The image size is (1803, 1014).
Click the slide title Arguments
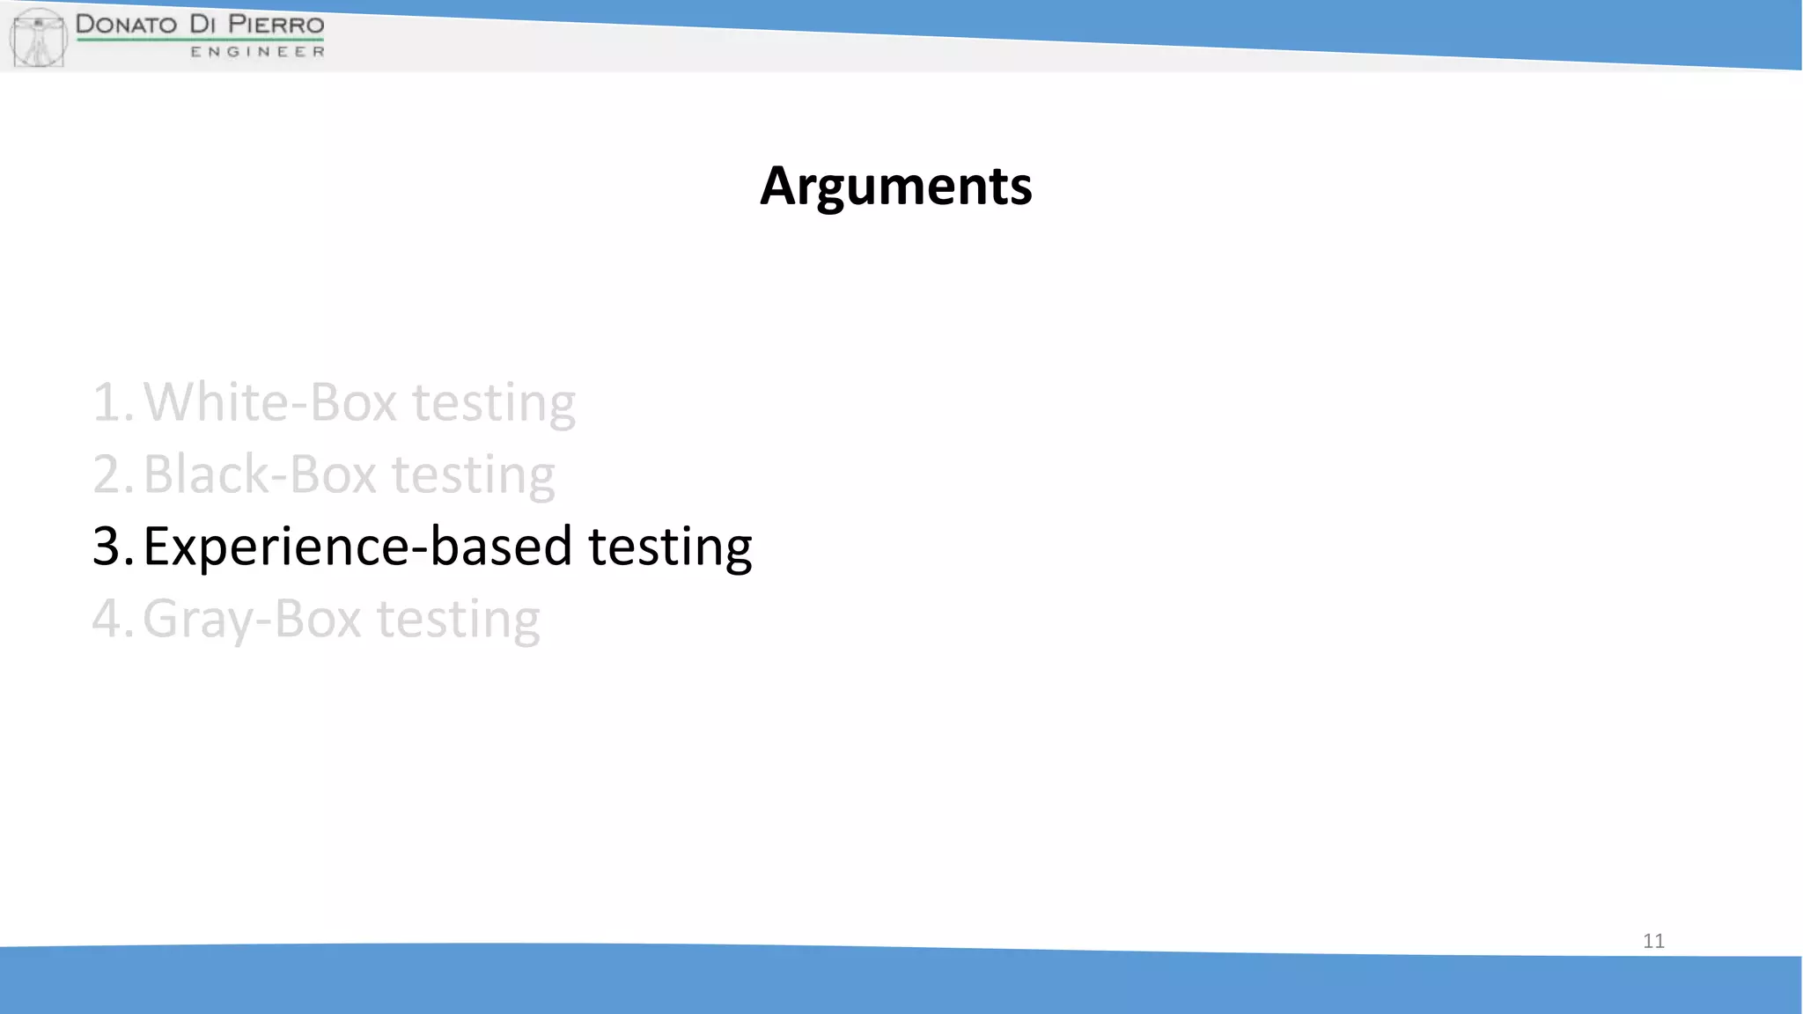(x=895, y=186)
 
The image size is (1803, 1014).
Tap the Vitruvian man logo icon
(x=38, y=37)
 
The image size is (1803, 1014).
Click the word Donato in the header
(x=126, y=24)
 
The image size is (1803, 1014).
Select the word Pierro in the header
(x=276, y=24)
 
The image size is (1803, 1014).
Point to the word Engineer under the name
(x=257, y=52)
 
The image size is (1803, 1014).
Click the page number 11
(x=1653, y=941)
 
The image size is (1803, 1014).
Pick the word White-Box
(x=270, y=402)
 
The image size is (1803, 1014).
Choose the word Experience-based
(x=357, y=547)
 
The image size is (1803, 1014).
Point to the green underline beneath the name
(x=200, y=40)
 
